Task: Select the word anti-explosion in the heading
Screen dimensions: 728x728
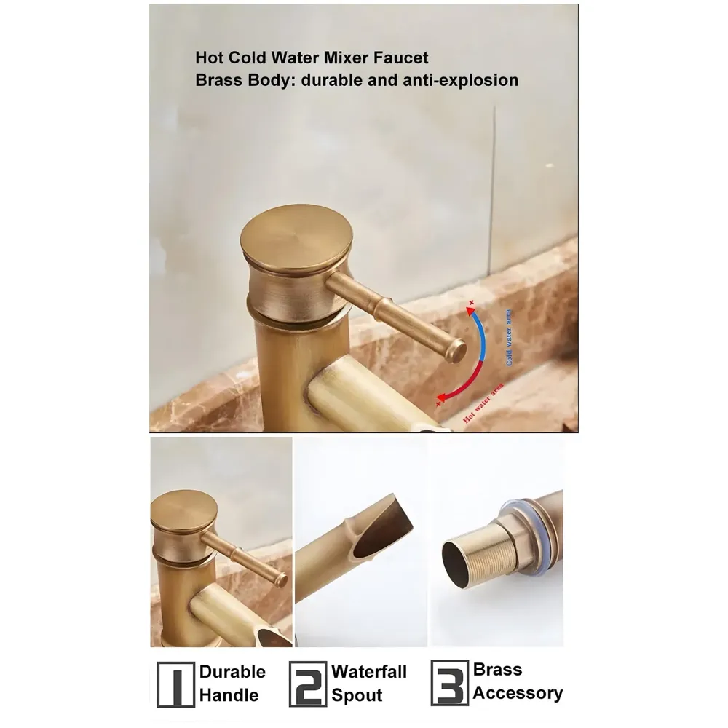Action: click(x=460, y=80)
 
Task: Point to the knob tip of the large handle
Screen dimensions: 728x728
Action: click(x=457, y=350)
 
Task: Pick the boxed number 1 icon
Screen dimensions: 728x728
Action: click(x=175, y=684)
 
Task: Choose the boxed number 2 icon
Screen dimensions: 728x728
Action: click(x=307, y=684)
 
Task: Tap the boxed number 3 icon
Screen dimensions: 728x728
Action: click(x=449, y=683)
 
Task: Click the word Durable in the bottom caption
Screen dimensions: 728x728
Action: click(x=232, y=672)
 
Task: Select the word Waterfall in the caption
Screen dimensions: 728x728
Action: click(x=369, y=671)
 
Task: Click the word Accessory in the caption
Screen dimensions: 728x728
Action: click(x=518, y=693)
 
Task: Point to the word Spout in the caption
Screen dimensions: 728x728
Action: click(x=357, y=695)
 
